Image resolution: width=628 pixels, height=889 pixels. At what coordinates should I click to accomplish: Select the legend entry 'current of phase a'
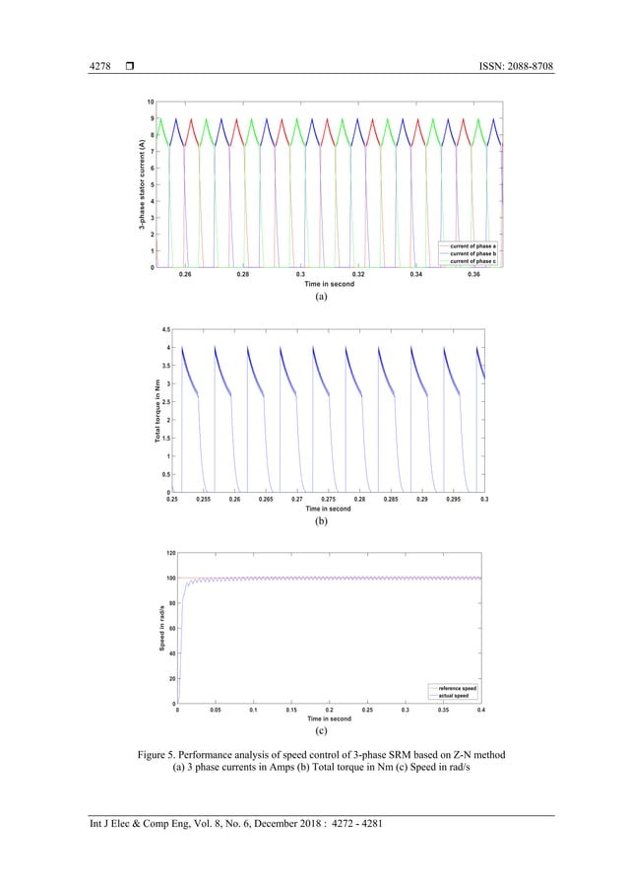(x=472, y=244)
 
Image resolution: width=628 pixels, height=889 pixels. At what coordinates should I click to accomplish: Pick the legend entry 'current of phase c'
(x=472, y=260)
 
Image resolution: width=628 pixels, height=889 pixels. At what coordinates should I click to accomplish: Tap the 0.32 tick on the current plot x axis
(x=359, y=275)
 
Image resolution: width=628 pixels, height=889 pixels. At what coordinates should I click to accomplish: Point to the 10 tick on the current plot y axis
(x=149, y=102)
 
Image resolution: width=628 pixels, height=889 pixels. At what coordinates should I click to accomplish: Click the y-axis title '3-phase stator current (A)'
(x=142, y=184)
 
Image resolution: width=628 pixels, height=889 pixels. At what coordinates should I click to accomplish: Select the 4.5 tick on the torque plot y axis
(x=164, y=329)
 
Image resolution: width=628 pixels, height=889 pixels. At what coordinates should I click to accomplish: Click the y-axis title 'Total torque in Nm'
(x=156, y=411)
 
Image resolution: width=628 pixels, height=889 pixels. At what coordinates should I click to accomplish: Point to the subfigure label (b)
(x=320, y=523)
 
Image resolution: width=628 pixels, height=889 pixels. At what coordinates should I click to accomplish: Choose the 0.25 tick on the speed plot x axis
(x=367, y=710)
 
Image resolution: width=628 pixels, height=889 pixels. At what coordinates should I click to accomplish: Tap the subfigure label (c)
(x=321, y=732)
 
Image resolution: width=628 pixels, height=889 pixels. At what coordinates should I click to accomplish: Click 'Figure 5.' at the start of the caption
(x=164, y=756)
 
